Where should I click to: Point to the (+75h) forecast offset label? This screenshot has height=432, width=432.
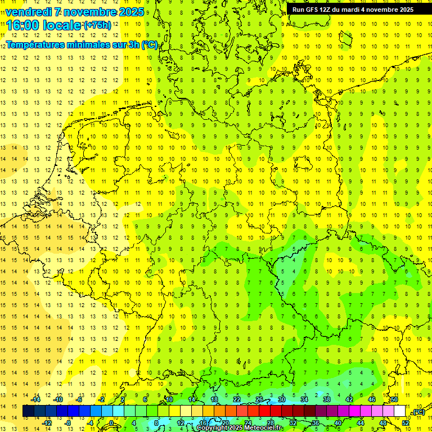pyautogui.click(x=97, y=25)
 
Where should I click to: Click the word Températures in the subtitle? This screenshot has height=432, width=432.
pyautogui.click(x=35, y=44)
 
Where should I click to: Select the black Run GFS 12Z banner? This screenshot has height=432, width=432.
pyautogui.click(x=353, y=10)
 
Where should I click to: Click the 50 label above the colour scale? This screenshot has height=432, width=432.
pyautogui.click(x=394, y=399)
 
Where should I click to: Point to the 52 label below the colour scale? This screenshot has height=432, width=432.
pyautogui.click(x=405, y=423)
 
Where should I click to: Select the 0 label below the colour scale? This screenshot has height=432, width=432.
pyautogui.click(x=111, y=423)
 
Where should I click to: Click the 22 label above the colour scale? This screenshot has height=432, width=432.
pyautogui.click(x=237, y=399)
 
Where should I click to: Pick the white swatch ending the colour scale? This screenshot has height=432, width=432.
pyautogui.click(x=399, y=411)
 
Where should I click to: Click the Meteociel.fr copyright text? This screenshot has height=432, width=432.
pyautogui.click(x=240, y=428)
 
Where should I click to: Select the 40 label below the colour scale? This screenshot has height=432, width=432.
pyautogui.click(x=337, y=423)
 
